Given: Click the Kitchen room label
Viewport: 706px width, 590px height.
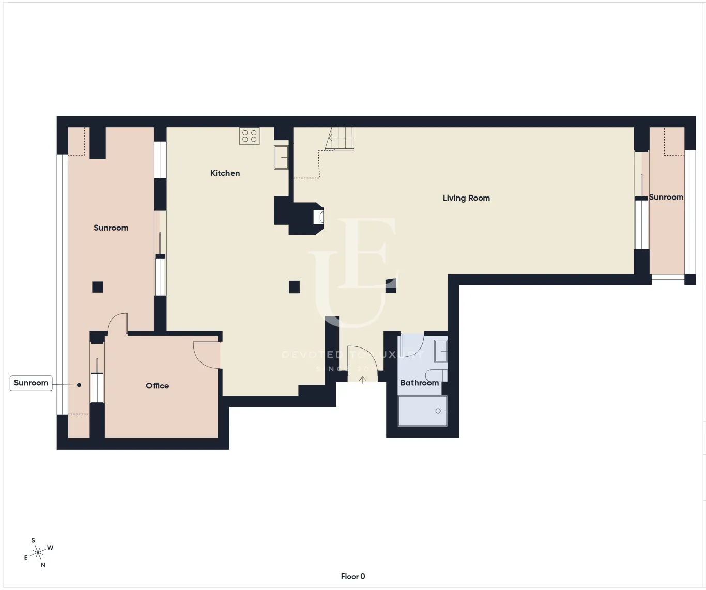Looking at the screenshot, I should coord(225,173).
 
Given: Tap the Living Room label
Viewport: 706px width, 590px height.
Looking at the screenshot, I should coord(466,198).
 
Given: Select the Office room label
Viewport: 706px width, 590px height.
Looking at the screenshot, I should coord(157,386).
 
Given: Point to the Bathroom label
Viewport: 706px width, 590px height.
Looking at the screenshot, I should coord(419,383).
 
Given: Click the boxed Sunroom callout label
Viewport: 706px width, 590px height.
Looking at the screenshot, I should coord(31,383).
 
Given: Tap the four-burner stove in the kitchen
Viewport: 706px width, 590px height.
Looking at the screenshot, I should coord(250,136).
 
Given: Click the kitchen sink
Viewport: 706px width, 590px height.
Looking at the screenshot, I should coord(281,157).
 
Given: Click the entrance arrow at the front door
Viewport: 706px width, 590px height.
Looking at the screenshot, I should coord(363,380).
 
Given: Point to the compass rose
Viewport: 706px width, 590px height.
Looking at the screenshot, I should coord(38,553).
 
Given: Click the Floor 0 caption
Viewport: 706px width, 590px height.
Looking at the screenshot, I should coord(353,576).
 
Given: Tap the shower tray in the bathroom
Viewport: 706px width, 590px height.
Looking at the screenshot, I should coord(422,411).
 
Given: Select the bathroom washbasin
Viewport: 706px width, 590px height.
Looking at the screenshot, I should coord(440,351).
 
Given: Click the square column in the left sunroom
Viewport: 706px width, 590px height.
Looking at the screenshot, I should coord(98,287).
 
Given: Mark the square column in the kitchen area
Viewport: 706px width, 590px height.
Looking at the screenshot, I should coord(294,287).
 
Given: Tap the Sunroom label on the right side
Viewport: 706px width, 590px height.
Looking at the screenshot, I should coord(666,197).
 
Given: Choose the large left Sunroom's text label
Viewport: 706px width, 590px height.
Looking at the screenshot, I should coord(111,228).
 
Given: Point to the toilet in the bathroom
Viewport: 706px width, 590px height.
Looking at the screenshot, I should coord(436,375).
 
